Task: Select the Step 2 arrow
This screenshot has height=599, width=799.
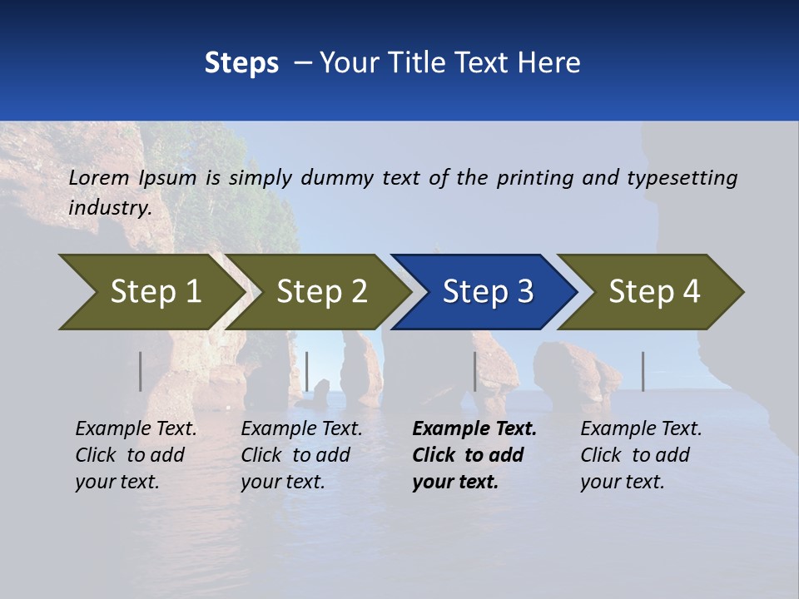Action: tap(321, 292)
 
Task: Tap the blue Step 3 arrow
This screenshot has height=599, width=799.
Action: tap(488, 292)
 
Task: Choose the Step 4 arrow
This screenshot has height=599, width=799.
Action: tap(654, 292)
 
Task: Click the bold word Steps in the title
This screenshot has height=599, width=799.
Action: tap(241, 63)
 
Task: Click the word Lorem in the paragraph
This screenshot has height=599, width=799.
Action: tap(99, 177)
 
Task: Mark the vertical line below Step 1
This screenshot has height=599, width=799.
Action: tap(141, 371)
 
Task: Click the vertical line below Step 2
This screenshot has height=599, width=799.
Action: tap(307, 371)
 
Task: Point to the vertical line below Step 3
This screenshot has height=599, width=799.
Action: tap(474, 371)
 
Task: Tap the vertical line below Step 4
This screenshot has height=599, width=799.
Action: tap(643, 371)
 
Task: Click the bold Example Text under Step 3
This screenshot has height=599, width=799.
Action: tap(474, 429)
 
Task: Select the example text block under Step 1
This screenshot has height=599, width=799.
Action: tap(136, 455)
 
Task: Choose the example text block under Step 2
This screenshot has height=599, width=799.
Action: tap(301, 455)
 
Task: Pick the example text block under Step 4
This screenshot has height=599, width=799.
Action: tap(641, 455)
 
